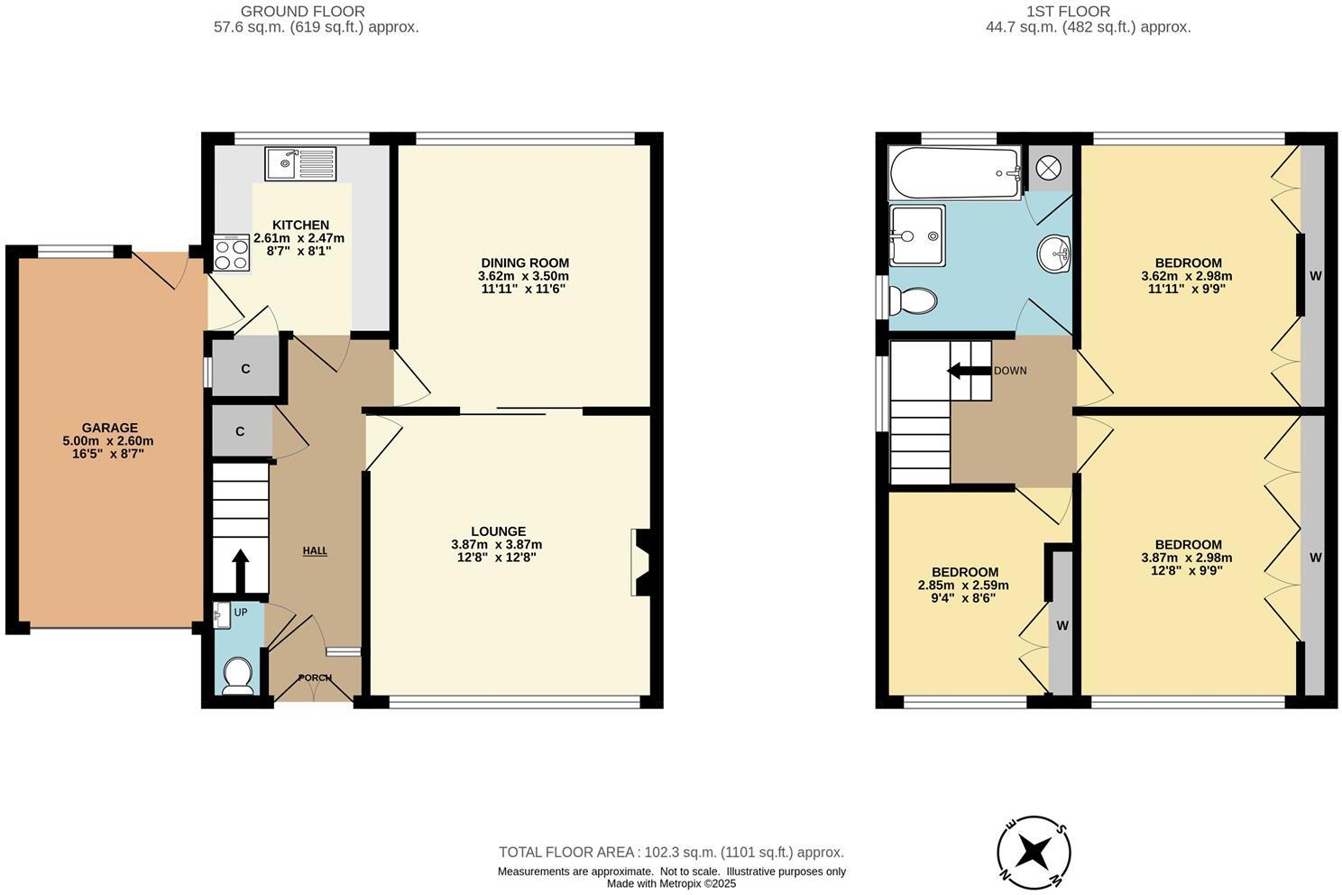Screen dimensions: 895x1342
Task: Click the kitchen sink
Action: (299, 164)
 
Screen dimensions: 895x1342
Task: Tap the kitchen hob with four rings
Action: (231, 253)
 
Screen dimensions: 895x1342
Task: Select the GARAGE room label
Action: (110, 428)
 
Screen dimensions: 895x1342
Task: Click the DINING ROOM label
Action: (524, 263)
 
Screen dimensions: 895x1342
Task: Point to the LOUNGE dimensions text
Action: (496, 551)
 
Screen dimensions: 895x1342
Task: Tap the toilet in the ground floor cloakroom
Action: (238, 675)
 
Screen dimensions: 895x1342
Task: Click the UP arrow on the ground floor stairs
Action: (240, 569)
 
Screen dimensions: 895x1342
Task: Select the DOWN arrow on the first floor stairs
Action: (968, 371)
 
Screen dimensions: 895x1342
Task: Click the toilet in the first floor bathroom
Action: (913, 300)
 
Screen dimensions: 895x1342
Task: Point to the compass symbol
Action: (1034, 850)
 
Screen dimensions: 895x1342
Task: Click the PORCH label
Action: (315, 678)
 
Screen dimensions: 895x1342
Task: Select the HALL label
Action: (315, 550)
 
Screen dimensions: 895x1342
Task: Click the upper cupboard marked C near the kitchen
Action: (245, 368)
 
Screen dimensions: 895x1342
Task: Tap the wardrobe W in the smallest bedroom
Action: (1062, 625)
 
